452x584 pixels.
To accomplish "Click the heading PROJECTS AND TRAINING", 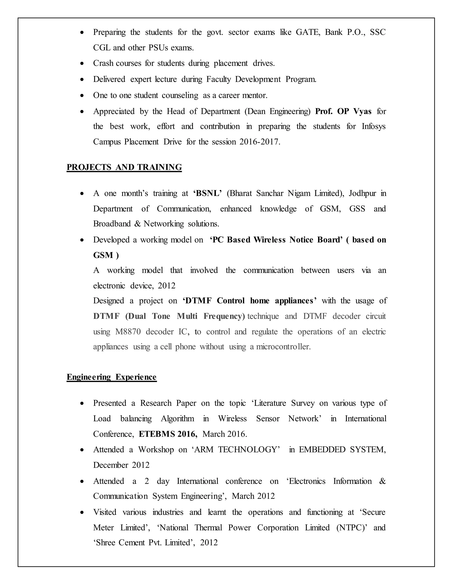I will coord(124,167).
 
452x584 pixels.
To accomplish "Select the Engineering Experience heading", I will coord(111,377).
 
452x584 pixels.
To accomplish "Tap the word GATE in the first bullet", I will coord(308,32).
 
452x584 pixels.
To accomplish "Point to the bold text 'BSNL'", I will coord(207,193).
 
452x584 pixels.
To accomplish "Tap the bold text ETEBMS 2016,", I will coord(168,434).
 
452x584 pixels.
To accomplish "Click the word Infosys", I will coord(374,126).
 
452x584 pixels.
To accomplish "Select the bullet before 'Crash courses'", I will coord(82,64).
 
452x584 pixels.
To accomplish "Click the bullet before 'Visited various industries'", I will coord(82,513).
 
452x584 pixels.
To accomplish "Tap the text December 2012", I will coord(121,465).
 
